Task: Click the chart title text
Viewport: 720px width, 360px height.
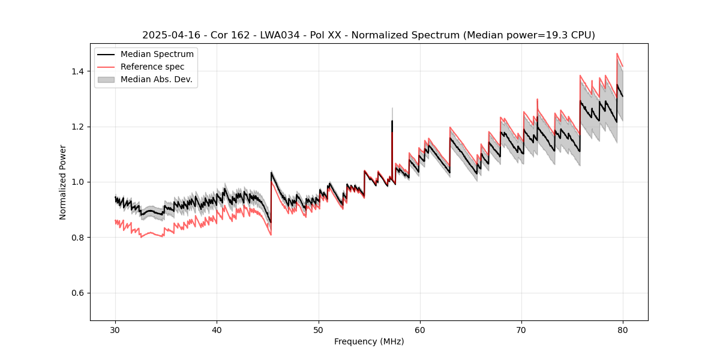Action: (368, 35)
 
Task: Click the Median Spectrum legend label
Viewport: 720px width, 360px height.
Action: (157, 55)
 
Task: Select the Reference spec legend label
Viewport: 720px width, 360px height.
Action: (152, 67)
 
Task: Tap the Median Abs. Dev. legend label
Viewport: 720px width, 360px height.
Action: (156, 79)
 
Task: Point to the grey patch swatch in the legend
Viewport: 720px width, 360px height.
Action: (107, 79)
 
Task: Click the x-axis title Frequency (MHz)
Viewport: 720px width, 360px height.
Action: (369, 341)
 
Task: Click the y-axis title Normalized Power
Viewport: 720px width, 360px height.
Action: (63, 182)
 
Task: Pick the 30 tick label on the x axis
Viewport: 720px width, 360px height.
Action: (115, 329)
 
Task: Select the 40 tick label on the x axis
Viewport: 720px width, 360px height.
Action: (217, 329)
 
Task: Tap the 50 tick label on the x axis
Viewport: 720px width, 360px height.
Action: (318, 329)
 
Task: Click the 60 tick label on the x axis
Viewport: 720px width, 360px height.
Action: (419, 329)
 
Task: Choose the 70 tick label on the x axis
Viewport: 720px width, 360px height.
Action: (521, 329)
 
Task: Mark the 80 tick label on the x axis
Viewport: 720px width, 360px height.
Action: (622, 329)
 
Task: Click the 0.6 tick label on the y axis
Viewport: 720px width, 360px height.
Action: (77, 293)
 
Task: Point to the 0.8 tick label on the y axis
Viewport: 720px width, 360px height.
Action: (77, 238)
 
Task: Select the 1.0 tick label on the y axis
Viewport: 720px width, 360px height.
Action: (77, 182)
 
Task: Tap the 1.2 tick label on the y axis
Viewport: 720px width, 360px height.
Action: (77, 127)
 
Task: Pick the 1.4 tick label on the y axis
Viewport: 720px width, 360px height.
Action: (77, 71)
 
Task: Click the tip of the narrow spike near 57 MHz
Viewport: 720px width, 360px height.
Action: (392, 109)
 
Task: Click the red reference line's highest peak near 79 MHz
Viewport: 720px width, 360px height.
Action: (617, 53)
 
